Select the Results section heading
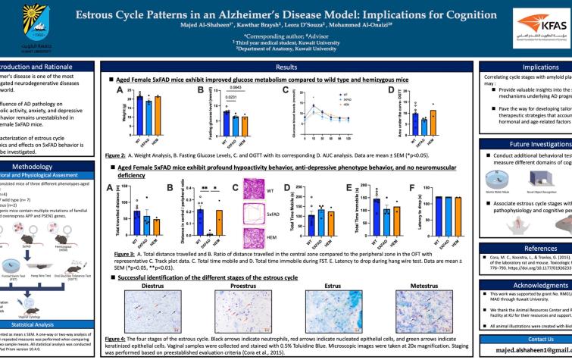pos(286,68)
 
